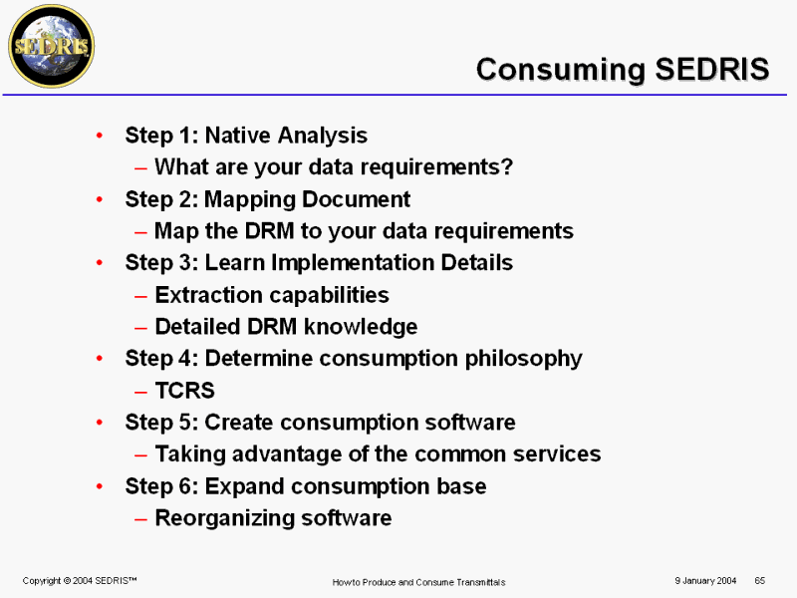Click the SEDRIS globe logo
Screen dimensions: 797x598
point(52,46)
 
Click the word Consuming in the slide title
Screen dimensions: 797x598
point(561,70)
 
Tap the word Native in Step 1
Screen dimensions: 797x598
point(237,136)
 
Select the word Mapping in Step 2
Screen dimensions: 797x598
point(251,200)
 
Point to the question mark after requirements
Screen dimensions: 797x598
point(507,166)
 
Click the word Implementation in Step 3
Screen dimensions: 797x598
point(353,263)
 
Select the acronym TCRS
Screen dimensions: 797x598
point(185,391)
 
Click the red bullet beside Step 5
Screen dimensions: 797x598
point(100,422)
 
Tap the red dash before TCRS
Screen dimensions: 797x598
point(140,392)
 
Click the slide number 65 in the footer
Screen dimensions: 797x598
point(760,580)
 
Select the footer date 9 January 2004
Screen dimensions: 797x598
point(705,580)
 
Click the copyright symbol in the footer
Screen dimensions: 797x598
point(67,580)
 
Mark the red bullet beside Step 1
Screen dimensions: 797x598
point(100,136)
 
